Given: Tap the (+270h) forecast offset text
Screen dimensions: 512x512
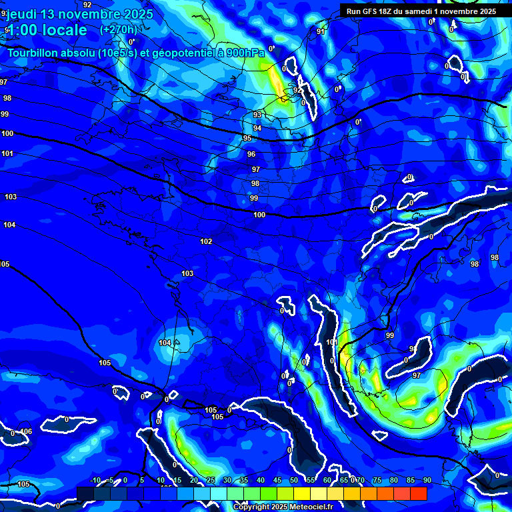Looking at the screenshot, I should point(118,29).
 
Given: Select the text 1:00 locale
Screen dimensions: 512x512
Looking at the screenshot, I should point(46,30).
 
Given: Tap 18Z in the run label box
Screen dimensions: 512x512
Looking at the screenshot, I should point(383,11).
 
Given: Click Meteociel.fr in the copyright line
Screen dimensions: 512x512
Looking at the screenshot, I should point(317,507).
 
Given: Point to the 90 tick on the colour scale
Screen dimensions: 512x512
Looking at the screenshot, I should point(427,481).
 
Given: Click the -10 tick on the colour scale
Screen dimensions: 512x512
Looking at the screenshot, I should point(95,481).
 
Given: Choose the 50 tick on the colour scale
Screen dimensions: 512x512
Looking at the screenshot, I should point(294,481).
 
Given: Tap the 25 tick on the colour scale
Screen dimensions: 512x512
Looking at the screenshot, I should point(211,481).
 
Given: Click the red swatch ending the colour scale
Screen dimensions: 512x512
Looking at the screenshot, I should point(419,493).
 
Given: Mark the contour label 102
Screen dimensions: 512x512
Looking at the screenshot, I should point(206,241).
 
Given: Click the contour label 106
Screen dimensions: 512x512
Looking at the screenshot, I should point(26,432).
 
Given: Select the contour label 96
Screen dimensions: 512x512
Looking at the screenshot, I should point(251,154).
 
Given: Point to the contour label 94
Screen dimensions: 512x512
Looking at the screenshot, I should point(257,128).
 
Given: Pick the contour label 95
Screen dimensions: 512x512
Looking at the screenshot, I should point(247,138).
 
